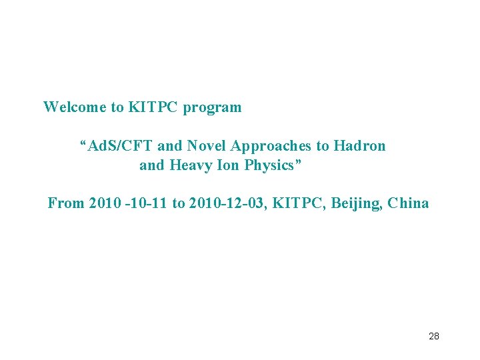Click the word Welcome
74,107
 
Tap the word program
213,107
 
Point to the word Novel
207,146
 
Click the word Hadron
359,146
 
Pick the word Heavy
190,165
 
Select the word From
65,203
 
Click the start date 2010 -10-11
128,203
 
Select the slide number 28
433,336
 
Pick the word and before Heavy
152,165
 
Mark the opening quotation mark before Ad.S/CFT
83,143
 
